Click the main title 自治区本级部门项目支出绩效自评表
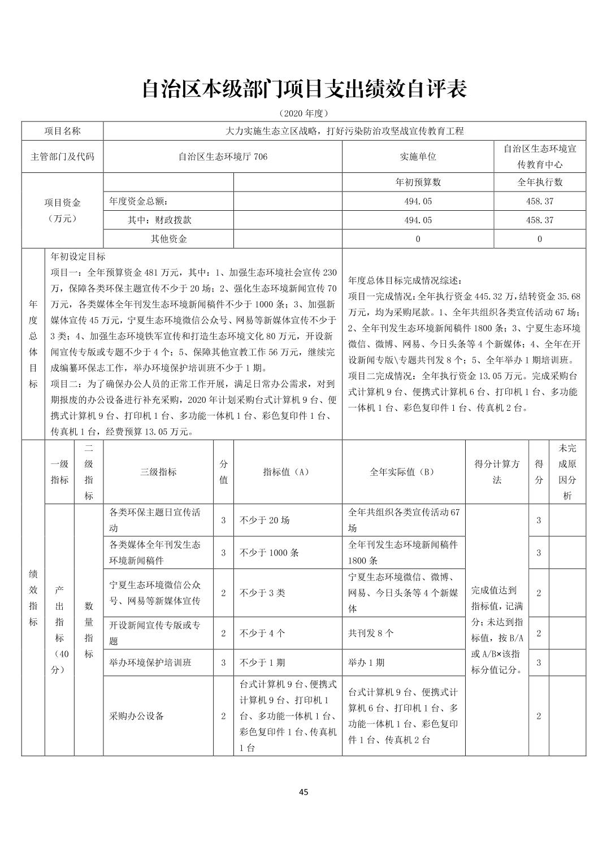click(x=303, y=89)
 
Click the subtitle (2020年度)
click(x=303, y=114)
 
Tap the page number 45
click(x=303, y=792)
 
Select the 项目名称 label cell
click(x=62, y=131)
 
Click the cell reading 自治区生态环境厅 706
click(x=223, y=157)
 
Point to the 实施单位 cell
click(x=418, y=157)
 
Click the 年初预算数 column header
click(x=418, y=183)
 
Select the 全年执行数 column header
click(x=540, y=183)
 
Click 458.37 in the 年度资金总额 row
click(x=540, y=201)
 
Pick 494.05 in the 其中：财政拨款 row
click(x=418, y=220)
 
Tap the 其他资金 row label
click(x=168, y=238)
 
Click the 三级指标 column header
click(x=158, y=472)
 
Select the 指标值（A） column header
click(x=287, y=472)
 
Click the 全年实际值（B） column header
click(x=403, y=472)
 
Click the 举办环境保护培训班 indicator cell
click(x=150, y=662)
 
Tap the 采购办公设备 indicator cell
click(x=137, y=716)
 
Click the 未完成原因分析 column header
click(x=567, y=472)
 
